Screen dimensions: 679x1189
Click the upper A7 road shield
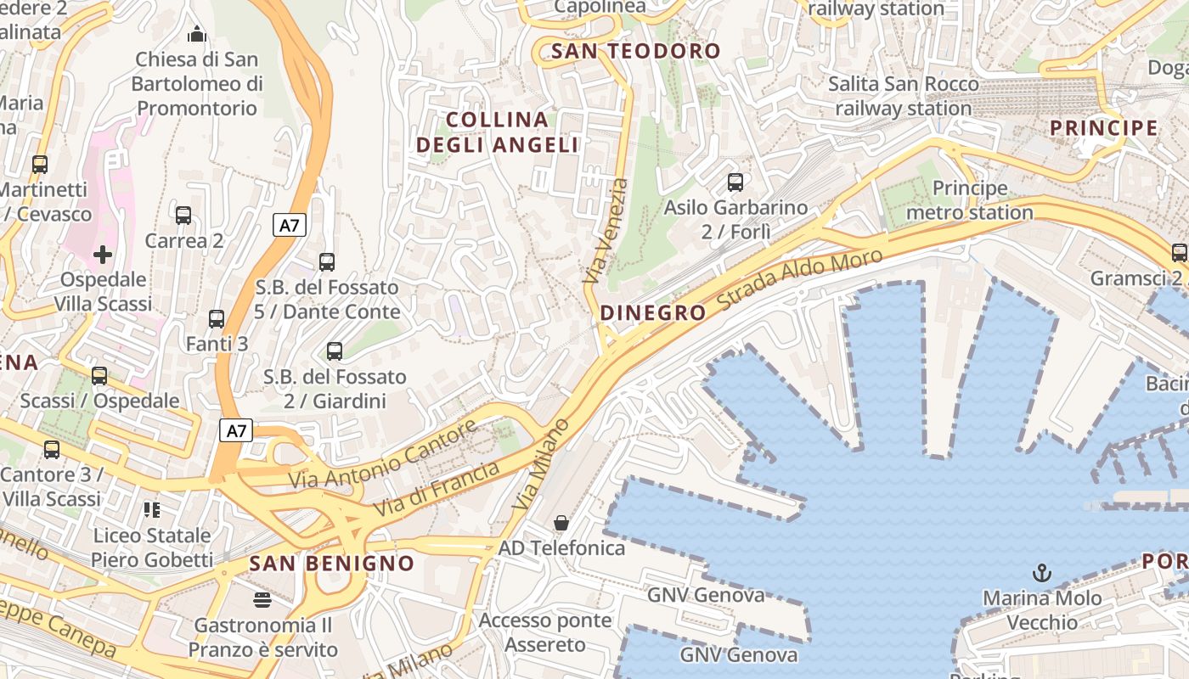[290, 225]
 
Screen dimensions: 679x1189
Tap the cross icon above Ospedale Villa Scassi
[103, 255]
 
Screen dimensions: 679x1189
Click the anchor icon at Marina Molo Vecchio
[1042, 573]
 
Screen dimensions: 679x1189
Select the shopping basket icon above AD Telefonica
[561, 523]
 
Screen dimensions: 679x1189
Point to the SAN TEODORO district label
[635, 51]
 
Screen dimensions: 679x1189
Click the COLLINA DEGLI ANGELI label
[498, 132]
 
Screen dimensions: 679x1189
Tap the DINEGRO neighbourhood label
[652, 312]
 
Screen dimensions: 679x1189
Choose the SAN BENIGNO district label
[331, 563]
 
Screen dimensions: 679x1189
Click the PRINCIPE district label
[1104, 128]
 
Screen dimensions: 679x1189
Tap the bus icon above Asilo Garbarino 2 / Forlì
[735, 182]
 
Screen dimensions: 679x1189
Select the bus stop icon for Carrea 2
[183, 216]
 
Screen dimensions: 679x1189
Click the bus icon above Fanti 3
[217, 319]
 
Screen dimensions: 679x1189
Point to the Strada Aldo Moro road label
[801, 280]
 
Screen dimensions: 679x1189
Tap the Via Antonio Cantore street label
[383, 456]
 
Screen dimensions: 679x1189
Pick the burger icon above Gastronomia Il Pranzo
[262, 600]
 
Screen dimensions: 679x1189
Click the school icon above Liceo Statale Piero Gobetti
[152, 510]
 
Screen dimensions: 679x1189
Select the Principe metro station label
[969, 200]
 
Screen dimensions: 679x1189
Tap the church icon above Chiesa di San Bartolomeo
[197, 34]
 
